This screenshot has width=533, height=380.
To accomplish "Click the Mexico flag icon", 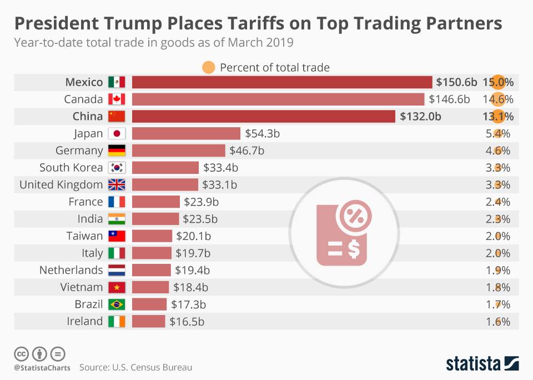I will click(117, 82).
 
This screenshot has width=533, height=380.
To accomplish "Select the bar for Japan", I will click(186, 133).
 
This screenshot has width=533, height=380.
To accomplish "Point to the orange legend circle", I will click(208, 67).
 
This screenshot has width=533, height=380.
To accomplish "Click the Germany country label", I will click(79, 151).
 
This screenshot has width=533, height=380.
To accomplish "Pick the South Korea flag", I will click(117, 168).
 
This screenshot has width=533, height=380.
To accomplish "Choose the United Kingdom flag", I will click(117, 185).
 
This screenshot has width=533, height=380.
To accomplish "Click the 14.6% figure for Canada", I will click(497, 99).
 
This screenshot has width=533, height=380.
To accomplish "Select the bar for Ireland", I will click(148, 321).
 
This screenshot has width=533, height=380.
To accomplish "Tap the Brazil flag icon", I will click(117, 304).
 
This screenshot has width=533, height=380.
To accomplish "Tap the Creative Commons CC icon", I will click(21, 353).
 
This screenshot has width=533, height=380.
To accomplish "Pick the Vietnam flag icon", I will click(117, 287).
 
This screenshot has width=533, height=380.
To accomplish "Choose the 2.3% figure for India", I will click(497, 219).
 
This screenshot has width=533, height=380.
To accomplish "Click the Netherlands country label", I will click(71, 270).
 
